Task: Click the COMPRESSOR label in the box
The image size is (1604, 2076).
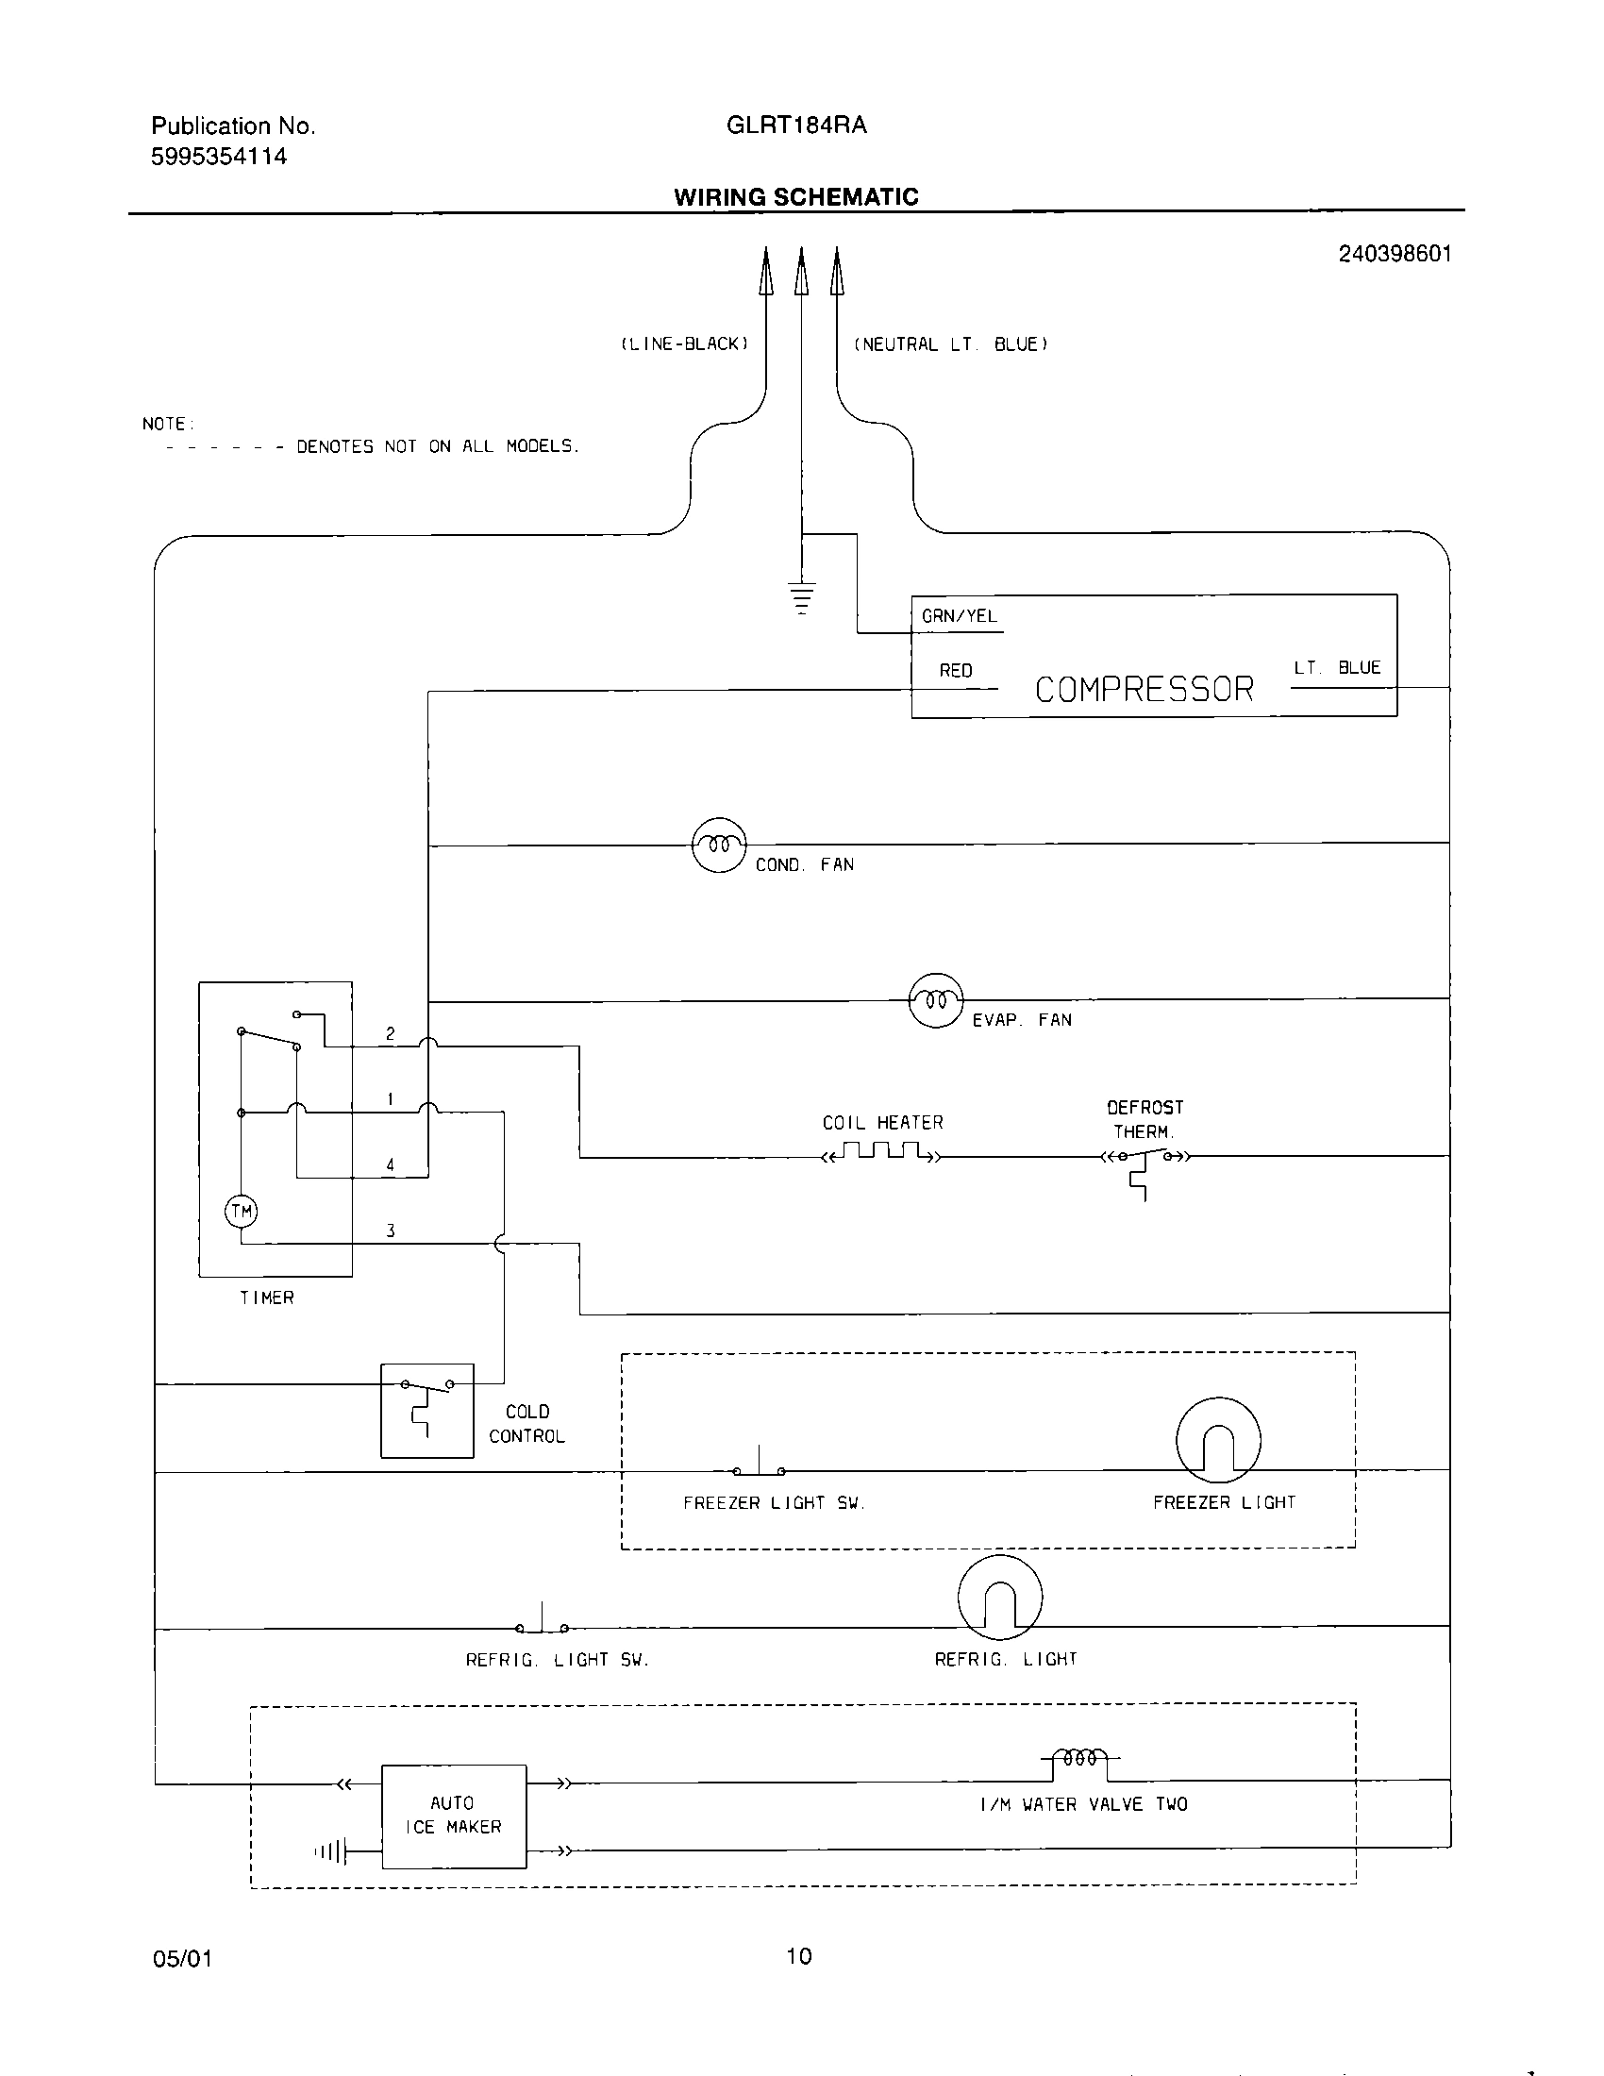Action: click(x=1145, y=689)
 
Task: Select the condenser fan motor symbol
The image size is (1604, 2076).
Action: click(x=718, y=845)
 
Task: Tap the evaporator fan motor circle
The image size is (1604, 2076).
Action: click(x=936, y=1000)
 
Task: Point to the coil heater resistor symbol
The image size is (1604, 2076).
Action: click(x=883, y=1153)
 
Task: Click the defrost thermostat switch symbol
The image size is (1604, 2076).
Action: click(x=1145, y=1160)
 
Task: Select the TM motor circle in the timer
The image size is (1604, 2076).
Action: click(x=241, y=1211)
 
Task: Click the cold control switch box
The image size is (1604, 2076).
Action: click(x=426, y=1411)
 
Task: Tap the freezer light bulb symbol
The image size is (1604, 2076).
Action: click(x=1217, y=1439)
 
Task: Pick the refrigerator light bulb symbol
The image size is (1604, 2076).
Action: click(x=999, y=1598)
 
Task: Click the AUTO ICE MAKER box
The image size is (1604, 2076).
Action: click(x=453, y=1816)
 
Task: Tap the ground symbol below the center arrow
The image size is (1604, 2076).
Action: click(x=802, y=597)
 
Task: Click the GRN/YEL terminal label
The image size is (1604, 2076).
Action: click(x=959, y=616)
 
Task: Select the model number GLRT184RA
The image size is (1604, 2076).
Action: click(x=795, y=126)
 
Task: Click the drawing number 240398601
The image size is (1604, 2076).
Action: click(x=1394, y=254)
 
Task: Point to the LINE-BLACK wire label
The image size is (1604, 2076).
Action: click(x=684, y=344)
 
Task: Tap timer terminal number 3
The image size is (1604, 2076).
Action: click(x=391, y=1231)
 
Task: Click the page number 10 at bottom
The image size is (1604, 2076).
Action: click(x=798, y=1955)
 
